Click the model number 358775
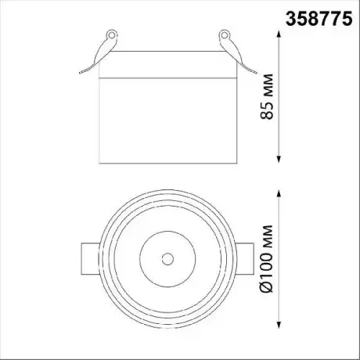(x=319, y=19)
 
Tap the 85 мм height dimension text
(x=267, y=97)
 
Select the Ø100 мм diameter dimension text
(x=267, y=259)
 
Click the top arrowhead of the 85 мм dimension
(x=279, y=34)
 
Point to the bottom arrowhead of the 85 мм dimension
(x=279, y=159)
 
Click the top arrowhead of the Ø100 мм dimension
(x=279, y=194)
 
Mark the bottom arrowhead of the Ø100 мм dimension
(x=279, y=324)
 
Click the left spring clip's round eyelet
(x=112, y=34)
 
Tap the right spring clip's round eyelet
(x=224, y=34)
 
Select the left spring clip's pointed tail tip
(x=80, y=74)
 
